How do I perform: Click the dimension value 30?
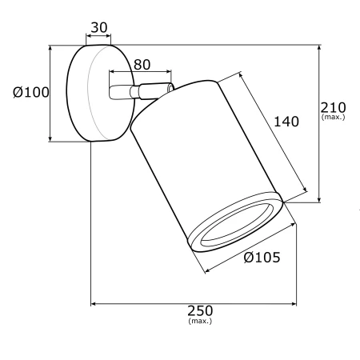[99, 27]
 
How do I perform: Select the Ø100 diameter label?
[31, 92]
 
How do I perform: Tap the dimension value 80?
[142, 65]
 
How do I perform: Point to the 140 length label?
[286, 122]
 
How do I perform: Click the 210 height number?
[333, 107]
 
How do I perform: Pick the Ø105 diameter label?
[262, 258]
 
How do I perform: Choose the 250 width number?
[200, 310]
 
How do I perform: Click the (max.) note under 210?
[334, 117]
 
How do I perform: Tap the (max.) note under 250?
[200, 321]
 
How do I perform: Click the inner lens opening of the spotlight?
[234, 225]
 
